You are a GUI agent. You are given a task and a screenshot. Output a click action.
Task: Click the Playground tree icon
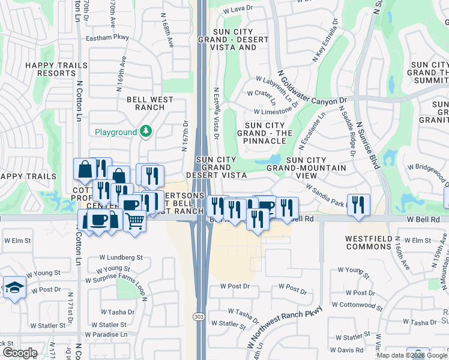pyautogui.click(x=145, y=131)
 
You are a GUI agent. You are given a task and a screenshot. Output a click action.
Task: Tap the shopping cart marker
pyautogui.click(x=134, y=221)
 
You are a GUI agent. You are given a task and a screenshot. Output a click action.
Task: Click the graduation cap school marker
pyautogui.click(x=14, y=287)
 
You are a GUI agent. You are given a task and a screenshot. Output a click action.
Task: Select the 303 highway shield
pyautogui.click(x=199, y=316)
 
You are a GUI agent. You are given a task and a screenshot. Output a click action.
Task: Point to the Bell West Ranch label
pyautogui.click(x=149, y=103)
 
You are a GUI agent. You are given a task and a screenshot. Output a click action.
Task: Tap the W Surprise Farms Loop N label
pyautogui.click(x=115, y=280)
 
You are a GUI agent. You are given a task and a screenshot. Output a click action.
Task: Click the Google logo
pyautogui.click(x=19, y=353)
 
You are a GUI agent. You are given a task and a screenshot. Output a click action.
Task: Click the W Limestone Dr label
pyautogui.click(x=276, y=112)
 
